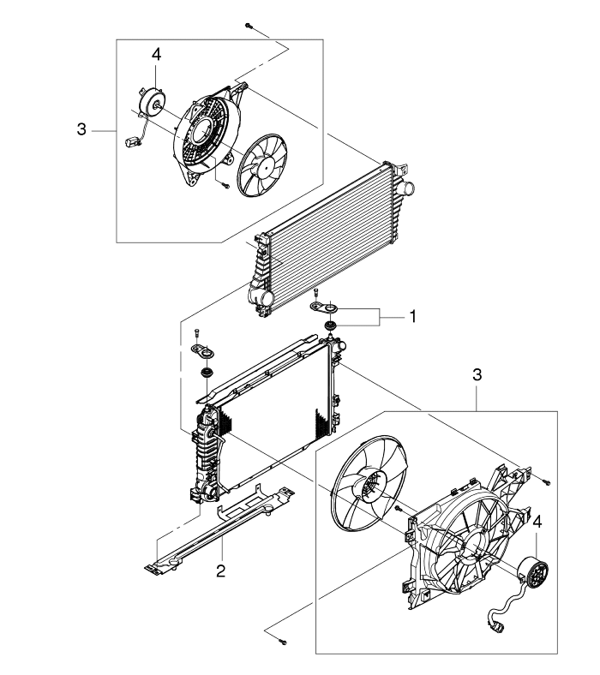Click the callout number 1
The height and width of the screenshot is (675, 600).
pyautogui.click(x=413, y=317)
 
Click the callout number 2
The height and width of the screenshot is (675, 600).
pyautogui.click(x=220, y=571)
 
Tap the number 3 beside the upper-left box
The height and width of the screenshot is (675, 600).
pyautogui.click(x=81, y=129)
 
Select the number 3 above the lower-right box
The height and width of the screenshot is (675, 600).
pyautogui.click(x=477, y=375)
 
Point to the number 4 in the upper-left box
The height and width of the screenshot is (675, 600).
pyautogui.click(x=156, y=55)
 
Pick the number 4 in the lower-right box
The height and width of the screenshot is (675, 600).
pyautogui.click(x=537, y=523)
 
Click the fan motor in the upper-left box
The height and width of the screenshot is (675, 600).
pyautogui.click(x=152, y=103)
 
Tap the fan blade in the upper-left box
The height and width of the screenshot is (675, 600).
pyautogui.click(x=262, y=164)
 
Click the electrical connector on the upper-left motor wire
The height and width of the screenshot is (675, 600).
pyautogui.click(x=131, y=141)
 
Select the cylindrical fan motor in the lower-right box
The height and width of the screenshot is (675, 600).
pyautogui.click(x=533, y=571)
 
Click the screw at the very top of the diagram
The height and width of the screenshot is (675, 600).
pyautogui.click(x=249, y=26)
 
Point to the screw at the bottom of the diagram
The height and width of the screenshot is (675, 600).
pyautogui.click(x=283, y=642)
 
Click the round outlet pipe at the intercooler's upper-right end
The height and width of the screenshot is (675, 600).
pyautogui.click(x=405, y=188)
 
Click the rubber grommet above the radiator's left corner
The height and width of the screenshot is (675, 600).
pyautogui.click(x=207, y=373)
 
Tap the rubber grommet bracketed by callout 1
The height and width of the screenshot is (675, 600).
pyautogui.click(x=331, y=325)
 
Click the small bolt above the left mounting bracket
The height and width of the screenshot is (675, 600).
pyautogui.click(x=196, y=332)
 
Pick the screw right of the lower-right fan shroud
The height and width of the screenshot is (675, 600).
pyautogui.click(x=546, y=482)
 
